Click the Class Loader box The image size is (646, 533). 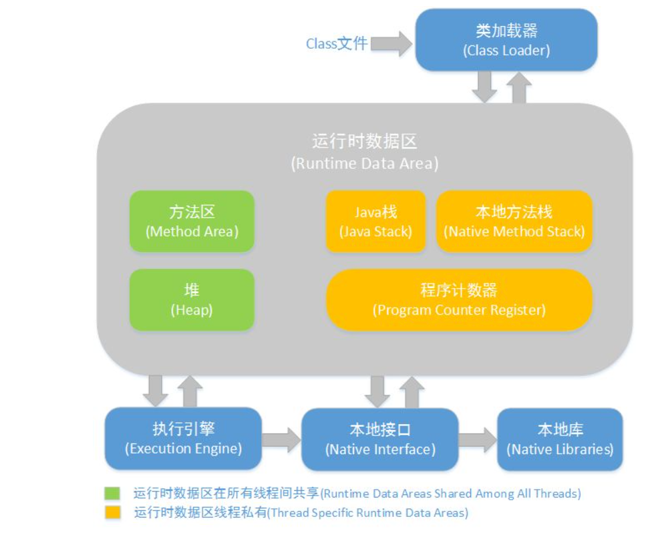tap(506, 40)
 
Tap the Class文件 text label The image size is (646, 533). tap(337, 44)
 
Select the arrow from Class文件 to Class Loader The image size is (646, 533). tap(391, 44)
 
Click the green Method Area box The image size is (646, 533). tap(192, 222)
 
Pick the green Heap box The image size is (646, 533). tap(192, 300)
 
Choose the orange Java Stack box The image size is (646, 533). tap(375, 222)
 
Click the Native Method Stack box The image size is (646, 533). tap(514, 222)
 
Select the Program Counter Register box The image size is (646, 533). tap(459, 300)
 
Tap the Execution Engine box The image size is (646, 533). tap(183, 438)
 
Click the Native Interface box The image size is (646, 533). tap(380, 439)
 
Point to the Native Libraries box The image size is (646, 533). tap(560, 439)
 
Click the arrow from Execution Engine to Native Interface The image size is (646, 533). tap(281, 439)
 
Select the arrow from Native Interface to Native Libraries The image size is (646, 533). tap(477, 439)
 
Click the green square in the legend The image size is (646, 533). tap(112, 494)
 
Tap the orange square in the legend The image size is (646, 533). tap(112, 512)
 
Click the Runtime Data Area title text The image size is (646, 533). tap(364, 152)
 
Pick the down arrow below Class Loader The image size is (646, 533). tap(484, 85)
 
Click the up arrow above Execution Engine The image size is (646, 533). tap(190, 391)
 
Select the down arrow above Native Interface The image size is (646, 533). tap(377, 391)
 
